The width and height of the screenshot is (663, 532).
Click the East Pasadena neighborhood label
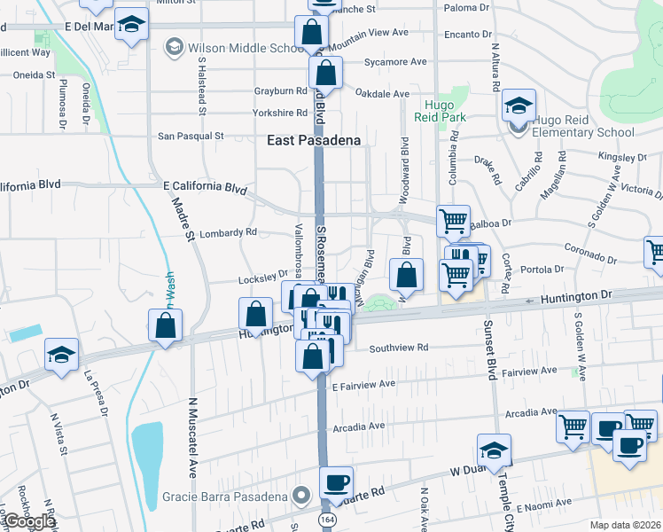(x=314, y=140)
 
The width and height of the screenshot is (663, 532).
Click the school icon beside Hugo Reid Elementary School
(x=519, y=106)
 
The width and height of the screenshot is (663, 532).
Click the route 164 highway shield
(x=328, y=516)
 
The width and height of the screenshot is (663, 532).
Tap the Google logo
(x=28, y=521)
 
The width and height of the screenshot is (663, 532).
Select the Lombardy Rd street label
(x=227, y=232)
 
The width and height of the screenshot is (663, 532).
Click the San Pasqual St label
(x=191, y=137)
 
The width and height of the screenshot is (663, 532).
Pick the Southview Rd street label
(x=399, y=348)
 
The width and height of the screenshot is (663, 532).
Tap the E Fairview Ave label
(x=363, y=386)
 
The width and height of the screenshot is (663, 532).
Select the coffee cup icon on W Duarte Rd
(x=336, y=483)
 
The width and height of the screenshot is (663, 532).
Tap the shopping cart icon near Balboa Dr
(x=454, y=222)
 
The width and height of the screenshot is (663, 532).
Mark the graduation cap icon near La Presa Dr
(x=62, y=355)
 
